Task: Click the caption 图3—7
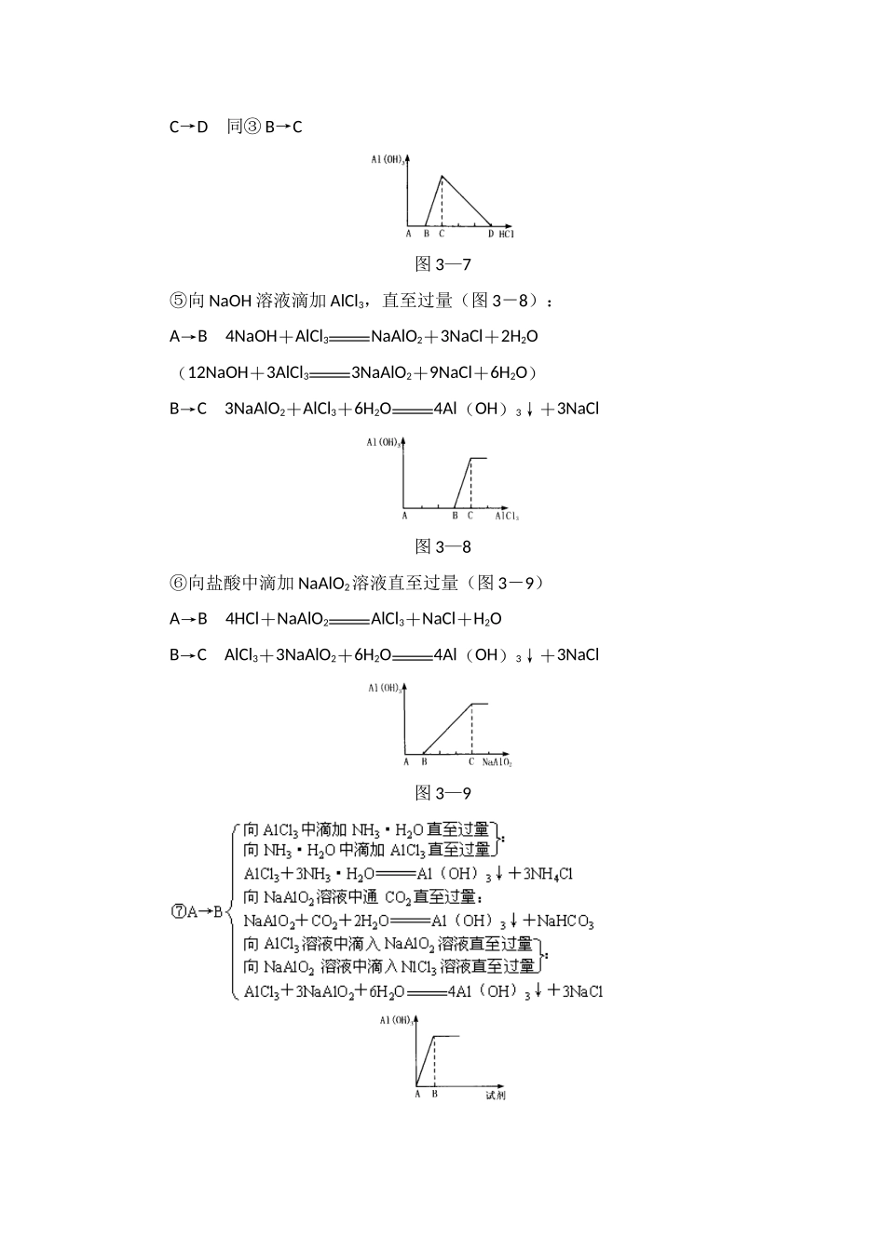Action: click(x=442, y=265)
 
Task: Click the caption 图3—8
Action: click(x=442, y=547)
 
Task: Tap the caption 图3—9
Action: click(x=442, y=794)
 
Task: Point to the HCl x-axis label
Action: click(x=506, y=234)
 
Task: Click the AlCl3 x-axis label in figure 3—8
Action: click(x=507, y=516)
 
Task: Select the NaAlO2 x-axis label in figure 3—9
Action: click(x=497, y=762)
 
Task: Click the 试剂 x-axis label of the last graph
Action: click(x=496, y=1095)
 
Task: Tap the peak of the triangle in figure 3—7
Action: click(x=442, y=176)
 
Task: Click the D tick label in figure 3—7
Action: click(x=490, y=234)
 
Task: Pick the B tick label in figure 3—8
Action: click(x=455, y=516)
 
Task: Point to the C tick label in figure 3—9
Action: click(x=471, y=762)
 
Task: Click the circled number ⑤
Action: click(x=178, y=301)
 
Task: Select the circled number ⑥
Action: click(x=178, y=584)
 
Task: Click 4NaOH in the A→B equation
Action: click(x=251, y=337)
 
